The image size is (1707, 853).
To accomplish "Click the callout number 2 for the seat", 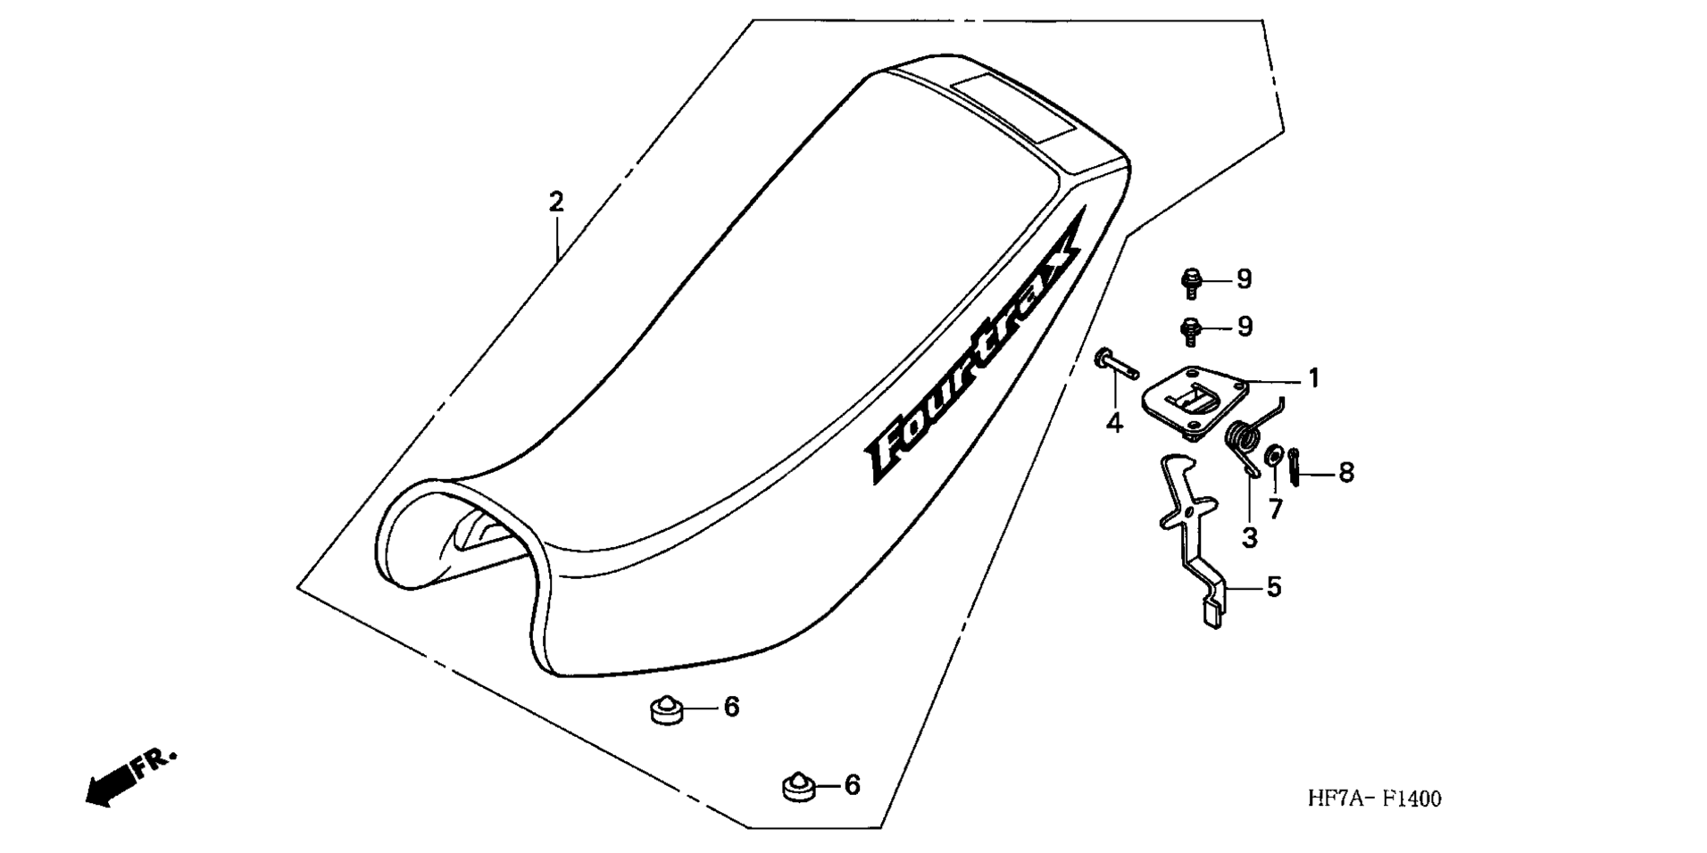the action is [x=556, y=202].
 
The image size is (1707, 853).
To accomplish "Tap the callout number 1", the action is [x=1313, y=378].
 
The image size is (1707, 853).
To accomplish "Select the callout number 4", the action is [x=1114, y=422].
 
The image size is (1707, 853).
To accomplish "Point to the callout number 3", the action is [x=1249, y=537].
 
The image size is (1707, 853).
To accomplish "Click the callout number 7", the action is [x=1275, y=509].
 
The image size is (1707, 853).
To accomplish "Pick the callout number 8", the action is [x=1345, y=472].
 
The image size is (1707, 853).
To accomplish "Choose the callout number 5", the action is [x=1274, y=587].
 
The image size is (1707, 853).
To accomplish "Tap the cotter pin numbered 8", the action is [x=1295, y=467].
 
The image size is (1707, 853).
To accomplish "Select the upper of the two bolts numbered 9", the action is [x=1190, y=282].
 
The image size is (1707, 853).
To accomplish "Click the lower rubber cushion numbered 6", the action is [x=800, y=786].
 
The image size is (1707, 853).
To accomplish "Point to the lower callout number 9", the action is [x=1244, y=327].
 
